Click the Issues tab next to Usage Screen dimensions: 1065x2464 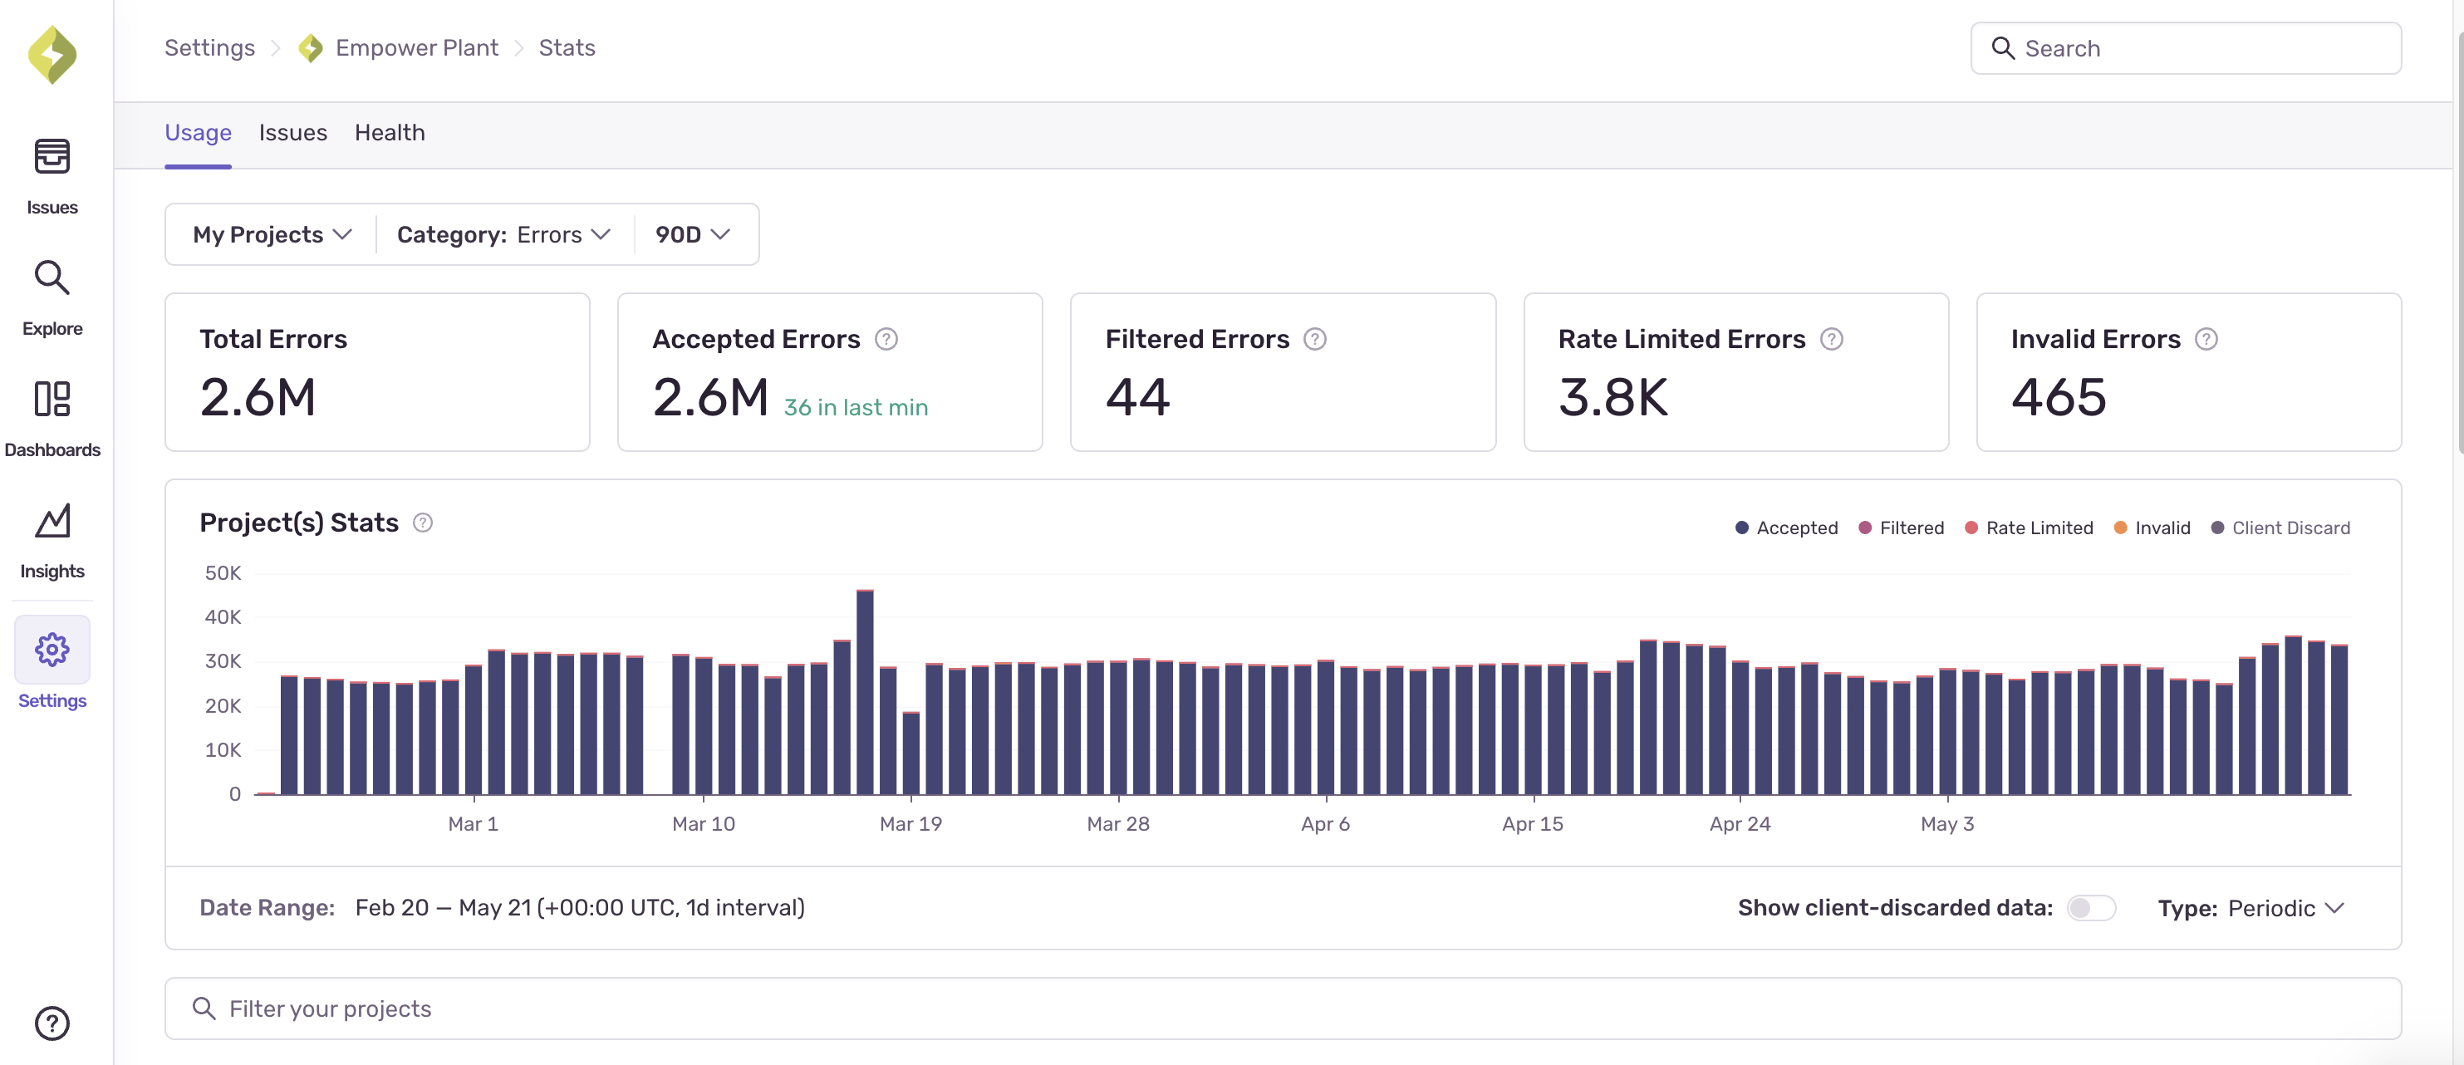(292, 133)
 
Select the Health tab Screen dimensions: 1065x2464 (390, 133)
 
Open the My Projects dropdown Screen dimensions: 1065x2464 (272, 234)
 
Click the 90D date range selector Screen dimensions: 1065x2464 (691, 234)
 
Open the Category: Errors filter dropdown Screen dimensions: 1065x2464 (503, 234)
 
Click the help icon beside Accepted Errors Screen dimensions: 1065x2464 (886, 340)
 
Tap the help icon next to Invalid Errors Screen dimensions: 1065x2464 (2206, 340)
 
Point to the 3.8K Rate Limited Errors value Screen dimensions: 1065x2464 (1612, 397)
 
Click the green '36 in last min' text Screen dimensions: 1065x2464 (855, 408)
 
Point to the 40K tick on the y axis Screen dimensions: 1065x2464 (223, 617)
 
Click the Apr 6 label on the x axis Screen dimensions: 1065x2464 (1325, 824)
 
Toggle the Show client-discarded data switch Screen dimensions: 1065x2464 (2090, 908)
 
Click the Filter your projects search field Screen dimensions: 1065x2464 (1282, 1009)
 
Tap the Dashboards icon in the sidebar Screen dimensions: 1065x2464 (52, 400)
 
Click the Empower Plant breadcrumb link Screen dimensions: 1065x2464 (416, 48)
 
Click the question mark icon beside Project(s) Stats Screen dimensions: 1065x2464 (423, 523)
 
